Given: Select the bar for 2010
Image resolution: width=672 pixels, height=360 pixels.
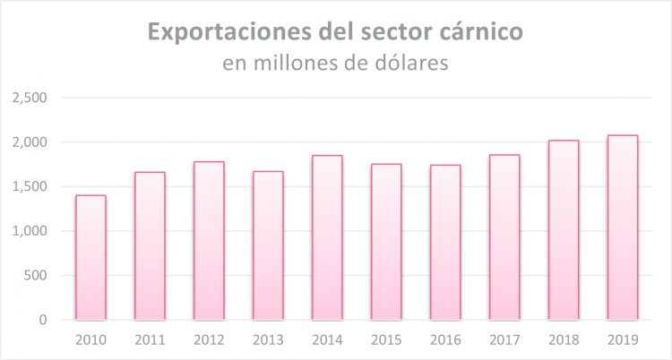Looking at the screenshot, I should click(x=90, y=257).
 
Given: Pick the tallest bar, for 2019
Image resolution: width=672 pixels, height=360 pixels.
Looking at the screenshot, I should click(x=623, y=227).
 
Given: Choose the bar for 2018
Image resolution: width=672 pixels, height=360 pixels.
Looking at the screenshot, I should click(x=564, y=230).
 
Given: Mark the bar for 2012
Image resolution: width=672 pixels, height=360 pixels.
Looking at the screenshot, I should click(x=209, y=240).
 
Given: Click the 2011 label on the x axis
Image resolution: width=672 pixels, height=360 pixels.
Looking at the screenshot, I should click(x=150, y=341).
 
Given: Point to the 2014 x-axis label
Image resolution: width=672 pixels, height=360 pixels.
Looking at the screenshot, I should click(x=327, y=341).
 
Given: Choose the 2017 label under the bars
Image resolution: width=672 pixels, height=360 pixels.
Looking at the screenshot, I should click(x=504, y=341).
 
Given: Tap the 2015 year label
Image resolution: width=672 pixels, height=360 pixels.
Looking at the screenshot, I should click(x=386, y=341).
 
